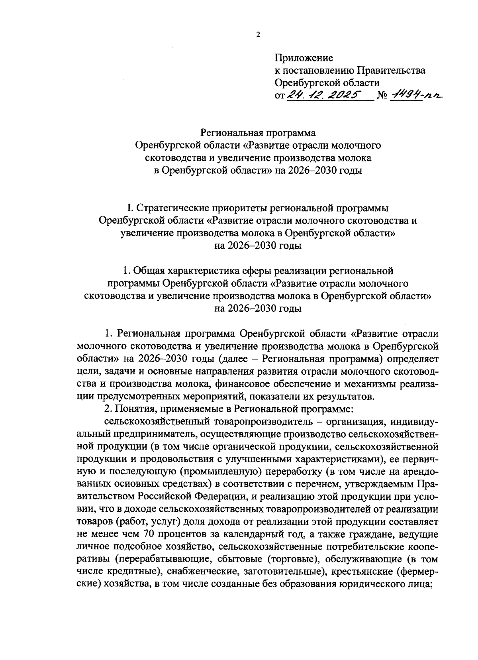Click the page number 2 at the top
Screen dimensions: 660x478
(x=257, y=35)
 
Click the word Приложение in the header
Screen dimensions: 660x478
(x=304, y=58)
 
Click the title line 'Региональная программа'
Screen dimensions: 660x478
(x=258, y=133)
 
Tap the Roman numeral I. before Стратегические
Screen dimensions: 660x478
(x=129, y=208)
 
